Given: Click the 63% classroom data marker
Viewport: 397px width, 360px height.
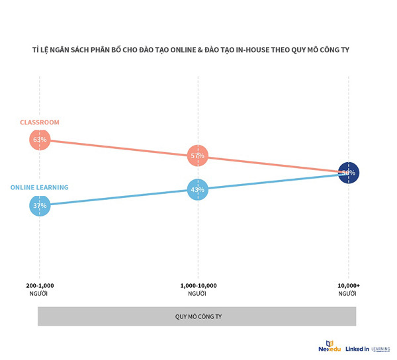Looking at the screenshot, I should pyautogui.click(x=39, y=140).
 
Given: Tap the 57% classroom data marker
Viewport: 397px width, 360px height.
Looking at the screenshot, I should pyautogui.click(x=197, y=156).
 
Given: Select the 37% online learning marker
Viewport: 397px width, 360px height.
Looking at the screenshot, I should pyautogui.click(x=39, y=206).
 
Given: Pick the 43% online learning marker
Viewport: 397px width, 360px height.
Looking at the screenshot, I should pyautogui.click(x=197, y=190).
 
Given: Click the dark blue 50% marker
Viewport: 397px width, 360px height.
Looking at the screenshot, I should pyautogui.click(x=347, y=173).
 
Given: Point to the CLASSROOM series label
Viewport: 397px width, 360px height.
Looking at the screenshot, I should pyautogui.click(x=40, y=122).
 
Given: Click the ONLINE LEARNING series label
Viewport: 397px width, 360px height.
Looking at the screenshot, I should pyautogui.click(x=39, y=187).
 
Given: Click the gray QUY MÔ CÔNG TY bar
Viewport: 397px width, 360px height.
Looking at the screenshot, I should pyautogui.click(x=197, y=316).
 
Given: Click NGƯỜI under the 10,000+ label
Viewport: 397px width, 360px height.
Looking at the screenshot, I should pyautogui.click(x=347, y=293).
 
